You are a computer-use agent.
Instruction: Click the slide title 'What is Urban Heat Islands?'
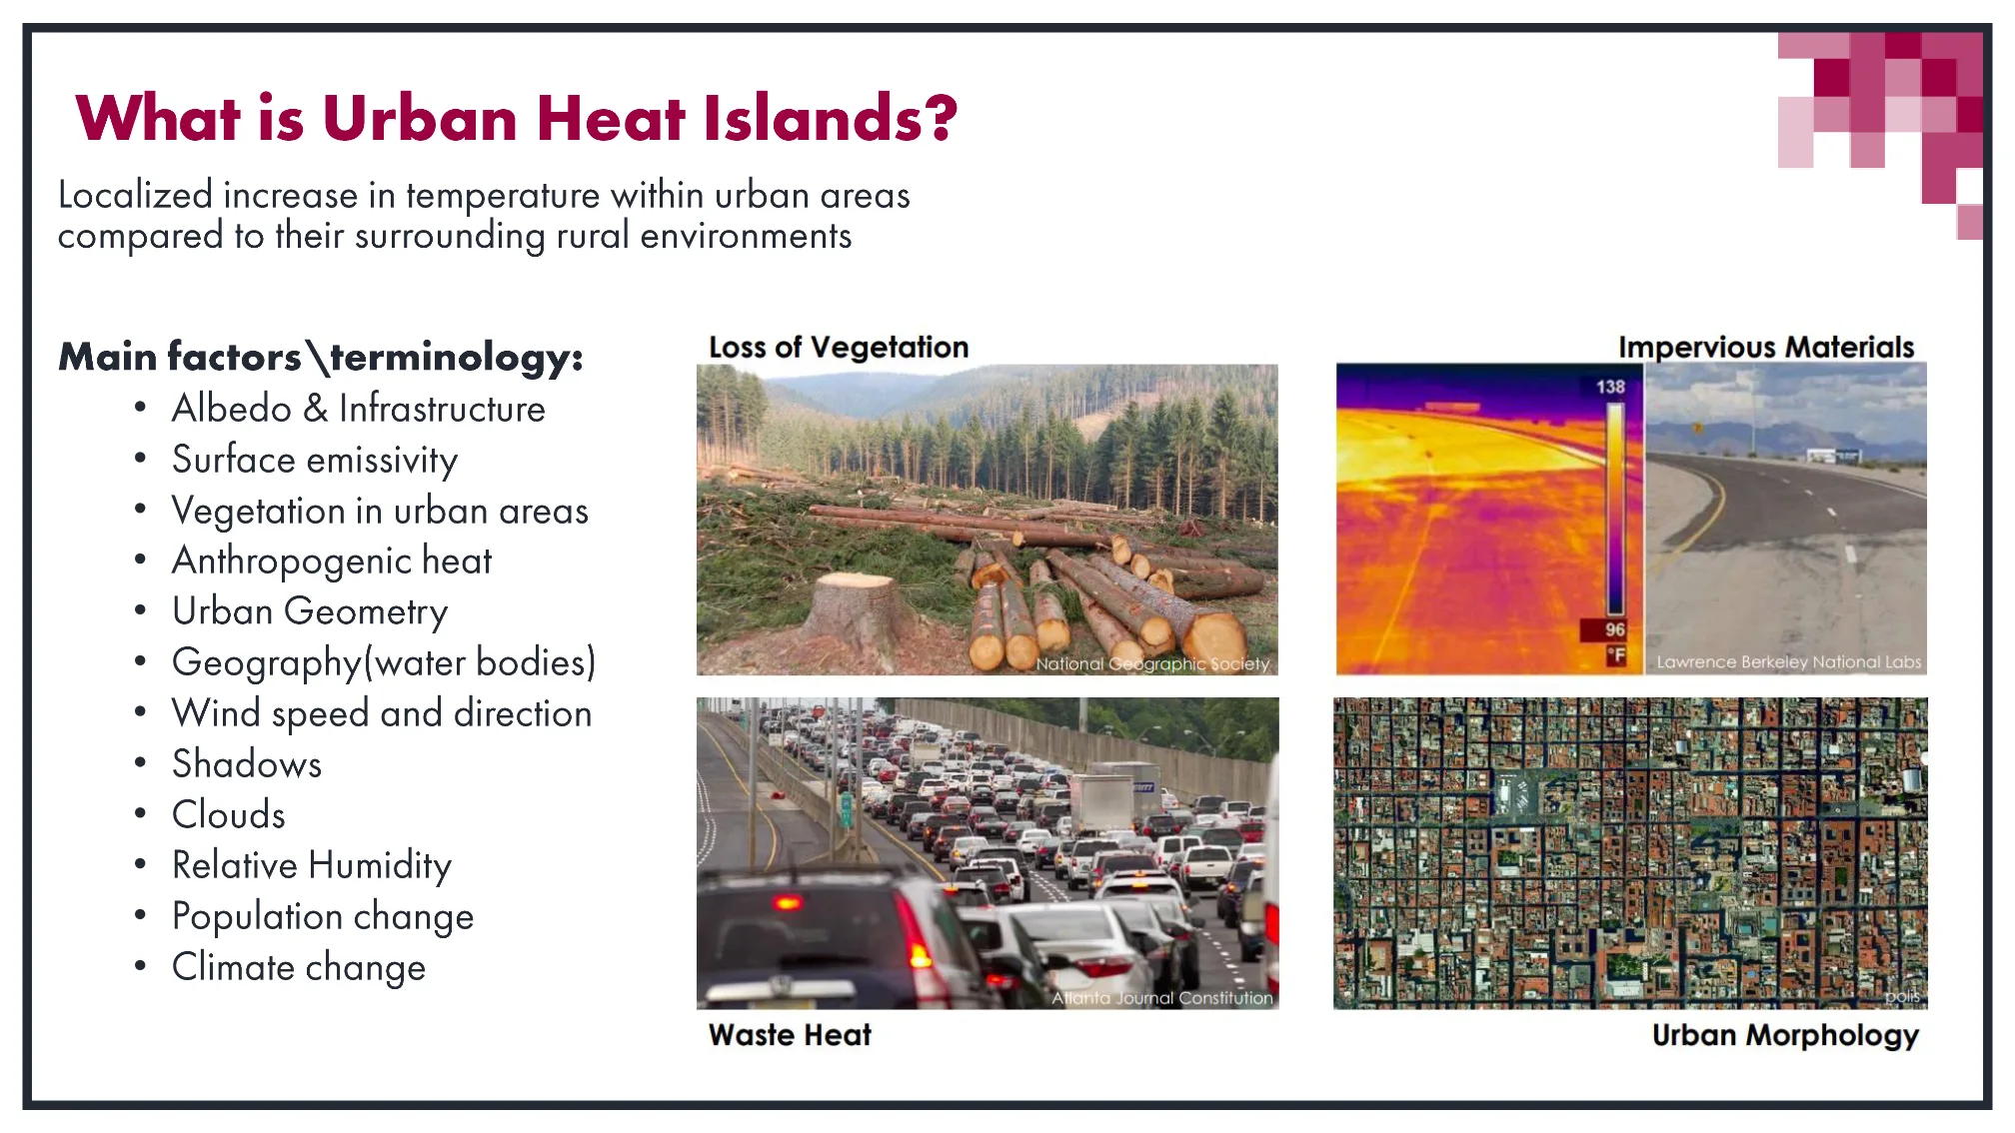[x=516, y=118]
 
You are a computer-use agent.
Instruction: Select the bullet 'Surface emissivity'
[x=314, y=460]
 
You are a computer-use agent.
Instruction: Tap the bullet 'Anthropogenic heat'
[x=331, y=561]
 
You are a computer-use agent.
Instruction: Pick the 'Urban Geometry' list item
[x=309, y=611]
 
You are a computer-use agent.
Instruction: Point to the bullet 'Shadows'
[x=246, y=764]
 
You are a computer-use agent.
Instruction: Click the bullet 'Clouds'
[x=228, y=815]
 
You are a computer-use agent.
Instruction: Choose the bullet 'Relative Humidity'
[x=311, y=865]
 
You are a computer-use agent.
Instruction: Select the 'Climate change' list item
[x=298, y=967]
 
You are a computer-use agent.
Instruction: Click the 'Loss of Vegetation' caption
[x=838, y=347]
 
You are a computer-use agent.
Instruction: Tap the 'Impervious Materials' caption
[x=1765, y=347]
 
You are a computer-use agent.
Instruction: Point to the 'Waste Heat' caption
[x=790, y=1035]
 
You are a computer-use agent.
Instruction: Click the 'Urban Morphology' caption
[x=1784, y=1035]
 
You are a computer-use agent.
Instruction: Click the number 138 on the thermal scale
[x=1609, y=387]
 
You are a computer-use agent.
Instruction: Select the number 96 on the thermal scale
[x=1614, y=629]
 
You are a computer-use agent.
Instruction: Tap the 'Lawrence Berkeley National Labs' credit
[x=1788, y=661]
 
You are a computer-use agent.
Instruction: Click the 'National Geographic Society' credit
[x=1151, y=663]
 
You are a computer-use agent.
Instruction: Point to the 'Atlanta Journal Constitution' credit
[x=1161, y=997]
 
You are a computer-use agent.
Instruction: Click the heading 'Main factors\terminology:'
[x=320, y=357]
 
